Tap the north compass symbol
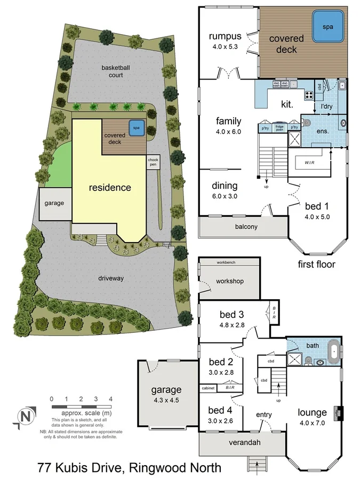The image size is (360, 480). pos(24,416)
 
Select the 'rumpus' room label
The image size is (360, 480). pos(225,37)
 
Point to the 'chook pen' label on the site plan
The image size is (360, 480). pos(153,162)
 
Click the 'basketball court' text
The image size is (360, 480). pos(112,71)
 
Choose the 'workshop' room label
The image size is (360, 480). pos(229,281)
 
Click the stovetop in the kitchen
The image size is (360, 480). pos(309,95)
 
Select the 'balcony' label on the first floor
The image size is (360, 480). pos(246,227)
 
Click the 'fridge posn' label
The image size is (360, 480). pos(279,128)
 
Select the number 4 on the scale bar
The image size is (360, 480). pos(110,399)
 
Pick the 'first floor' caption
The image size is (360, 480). pos(316,264)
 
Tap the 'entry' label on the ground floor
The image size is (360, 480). pos(263,415)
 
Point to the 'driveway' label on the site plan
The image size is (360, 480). pos(111,278)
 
